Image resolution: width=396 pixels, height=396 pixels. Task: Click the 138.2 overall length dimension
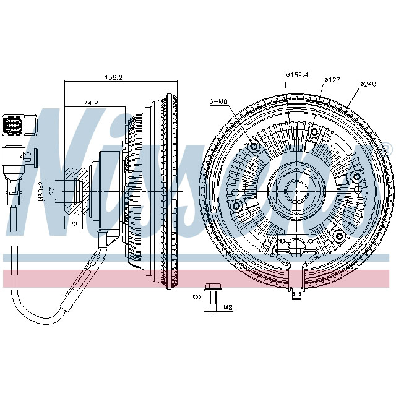[113, 78]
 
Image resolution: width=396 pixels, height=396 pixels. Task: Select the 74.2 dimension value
[90, 103]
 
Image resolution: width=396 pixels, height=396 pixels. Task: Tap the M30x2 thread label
[42, 192]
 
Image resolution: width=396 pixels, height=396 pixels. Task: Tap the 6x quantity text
[197, 296]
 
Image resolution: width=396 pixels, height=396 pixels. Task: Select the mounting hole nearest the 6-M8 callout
[253, 147]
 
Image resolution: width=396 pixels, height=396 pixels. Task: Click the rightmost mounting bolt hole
[356, 177]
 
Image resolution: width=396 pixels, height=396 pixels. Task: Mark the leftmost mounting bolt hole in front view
[236, 205]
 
